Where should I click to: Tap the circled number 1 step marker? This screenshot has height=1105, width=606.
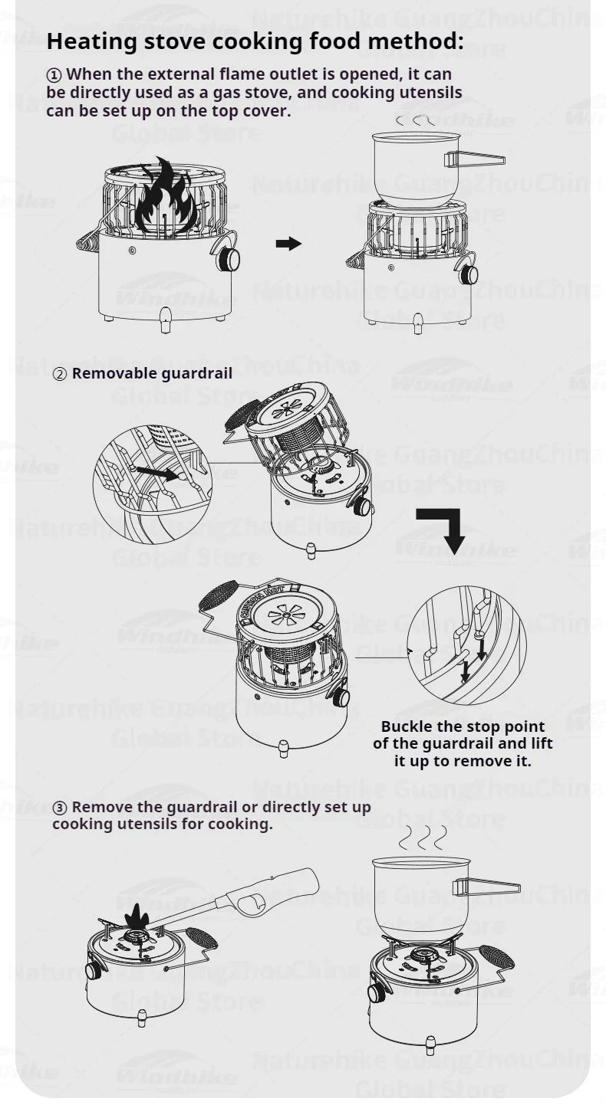53,75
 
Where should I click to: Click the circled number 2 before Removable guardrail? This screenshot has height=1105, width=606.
60,375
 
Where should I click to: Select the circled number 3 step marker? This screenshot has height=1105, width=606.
60,808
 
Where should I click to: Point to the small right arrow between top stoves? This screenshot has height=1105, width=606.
288,244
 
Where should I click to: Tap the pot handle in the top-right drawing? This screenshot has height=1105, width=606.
477,159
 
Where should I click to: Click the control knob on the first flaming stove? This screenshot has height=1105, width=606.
228,258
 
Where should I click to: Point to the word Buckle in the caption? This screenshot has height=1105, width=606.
407,726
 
